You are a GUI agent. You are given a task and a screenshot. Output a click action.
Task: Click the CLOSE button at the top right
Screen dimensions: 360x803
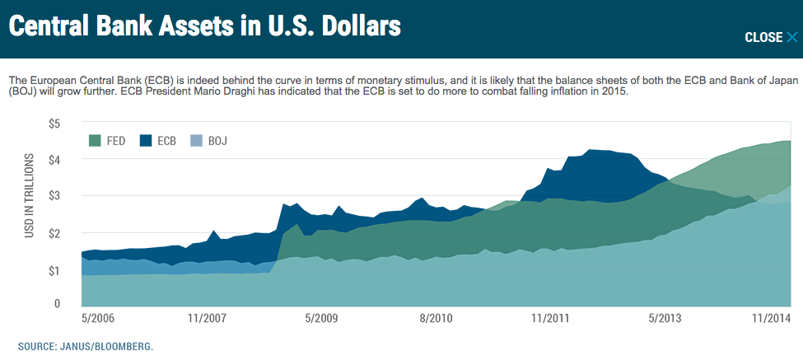[x=771, y=37]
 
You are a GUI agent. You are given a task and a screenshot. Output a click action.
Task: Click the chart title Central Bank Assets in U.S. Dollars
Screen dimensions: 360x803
[x=204, y=27]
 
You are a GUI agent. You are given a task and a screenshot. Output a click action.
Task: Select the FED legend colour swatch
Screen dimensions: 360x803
[x=95, y=141]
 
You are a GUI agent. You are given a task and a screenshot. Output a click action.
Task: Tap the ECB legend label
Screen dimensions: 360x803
[x=167, y=141]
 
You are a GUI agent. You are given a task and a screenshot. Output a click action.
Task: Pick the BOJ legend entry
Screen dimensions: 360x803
[x=217, y=141]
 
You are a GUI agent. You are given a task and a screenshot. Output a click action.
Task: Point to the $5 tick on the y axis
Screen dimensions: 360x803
[x=54, y=124]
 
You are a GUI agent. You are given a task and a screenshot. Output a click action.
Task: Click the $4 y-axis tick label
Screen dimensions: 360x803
[x=54, y=160]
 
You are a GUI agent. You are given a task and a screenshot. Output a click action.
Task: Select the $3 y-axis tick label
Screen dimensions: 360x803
[x=54, y=197]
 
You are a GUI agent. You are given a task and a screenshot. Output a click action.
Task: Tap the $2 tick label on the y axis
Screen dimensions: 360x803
[x=54, y=234]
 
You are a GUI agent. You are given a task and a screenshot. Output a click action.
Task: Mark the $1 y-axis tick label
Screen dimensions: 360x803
[x=54, y=270]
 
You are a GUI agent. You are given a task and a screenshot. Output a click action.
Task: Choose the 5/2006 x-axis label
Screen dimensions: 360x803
[x=98, y=318]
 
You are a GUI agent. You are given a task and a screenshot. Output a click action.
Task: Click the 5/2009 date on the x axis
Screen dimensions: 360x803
[x=320, y=318]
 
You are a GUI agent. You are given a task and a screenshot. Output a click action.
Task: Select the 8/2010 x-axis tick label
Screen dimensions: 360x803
[x=436, y=318]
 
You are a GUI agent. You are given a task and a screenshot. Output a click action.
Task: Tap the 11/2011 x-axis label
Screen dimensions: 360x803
[x=549, y=318]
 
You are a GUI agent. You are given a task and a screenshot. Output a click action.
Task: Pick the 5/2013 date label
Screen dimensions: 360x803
[x=665, y=318]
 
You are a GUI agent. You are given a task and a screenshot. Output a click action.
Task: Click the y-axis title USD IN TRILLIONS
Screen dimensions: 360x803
[x=30, y=196]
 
